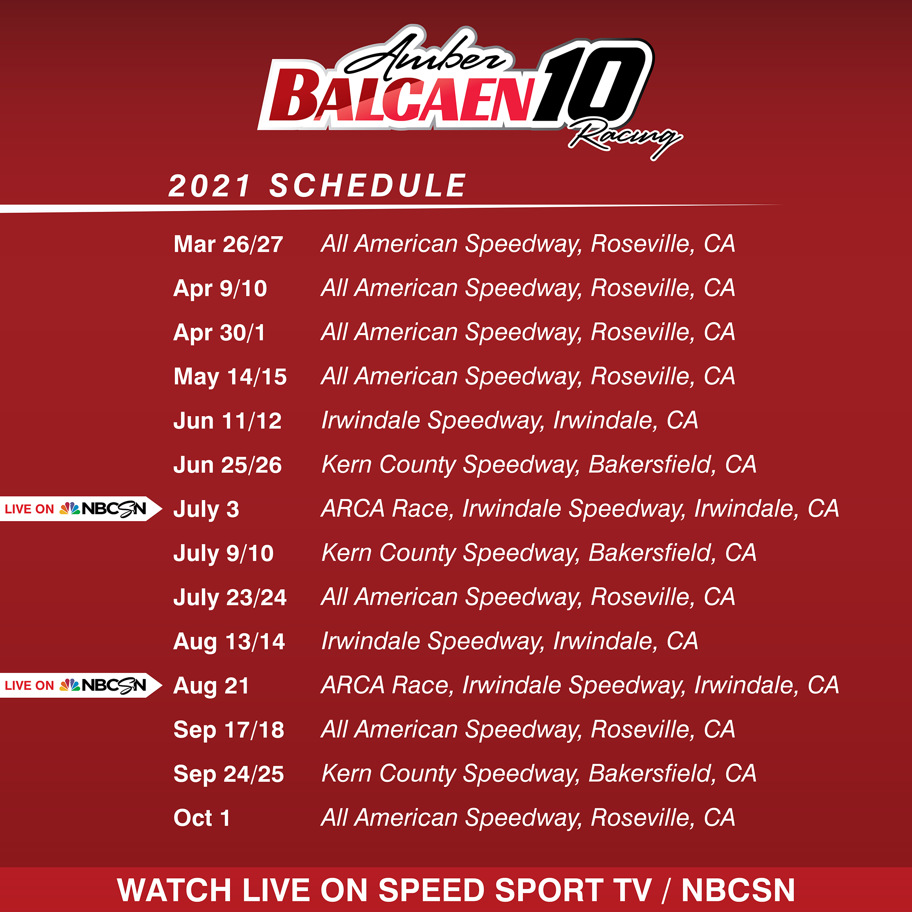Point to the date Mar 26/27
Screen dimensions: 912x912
(228, 245)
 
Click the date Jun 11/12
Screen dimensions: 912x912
(228, 421)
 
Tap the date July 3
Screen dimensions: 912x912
(206, 510)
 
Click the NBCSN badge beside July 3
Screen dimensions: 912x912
(81, 509)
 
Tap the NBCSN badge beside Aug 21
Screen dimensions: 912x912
(81, 685)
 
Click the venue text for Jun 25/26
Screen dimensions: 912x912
(539, 466)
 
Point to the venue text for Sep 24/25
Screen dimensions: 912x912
(539, 774)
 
